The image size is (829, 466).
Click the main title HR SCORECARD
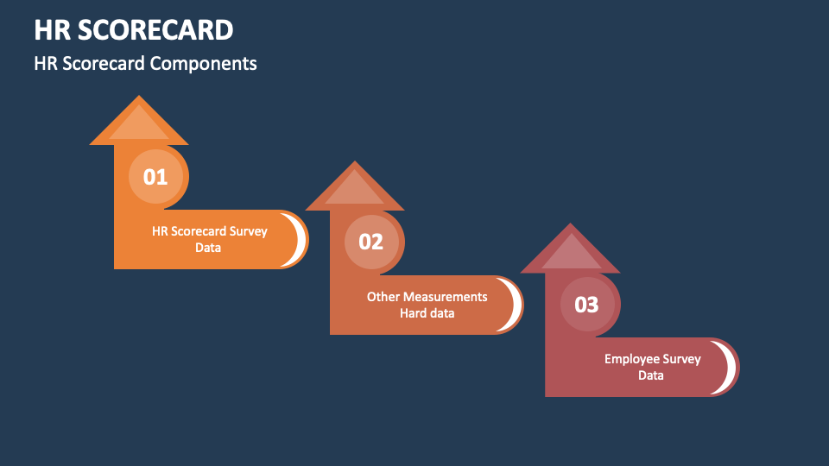coord(134,30)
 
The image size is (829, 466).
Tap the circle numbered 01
coord(155,178)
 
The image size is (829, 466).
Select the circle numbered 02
coord(370,242)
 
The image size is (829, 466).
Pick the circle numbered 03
coord(586,305)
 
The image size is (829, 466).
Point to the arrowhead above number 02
coord(355,188)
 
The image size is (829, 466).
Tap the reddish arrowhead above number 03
coord(570,251)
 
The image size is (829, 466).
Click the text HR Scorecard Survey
coord(210,231)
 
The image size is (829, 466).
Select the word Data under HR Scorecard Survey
coord(208,248)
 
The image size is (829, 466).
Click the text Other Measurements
coord(427,296)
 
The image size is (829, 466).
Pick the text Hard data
coord(427,313)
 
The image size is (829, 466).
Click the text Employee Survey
coord(652,359)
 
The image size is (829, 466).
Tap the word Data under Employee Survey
coord(651,375)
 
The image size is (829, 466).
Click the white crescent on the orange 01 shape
coord(299,240)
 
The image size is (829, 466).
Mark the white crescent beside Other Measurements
coord(515,305)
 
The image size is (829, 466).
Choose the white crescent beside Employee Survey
coord(731,368)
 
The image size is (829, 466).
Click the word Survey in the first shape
coord(249,231)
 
